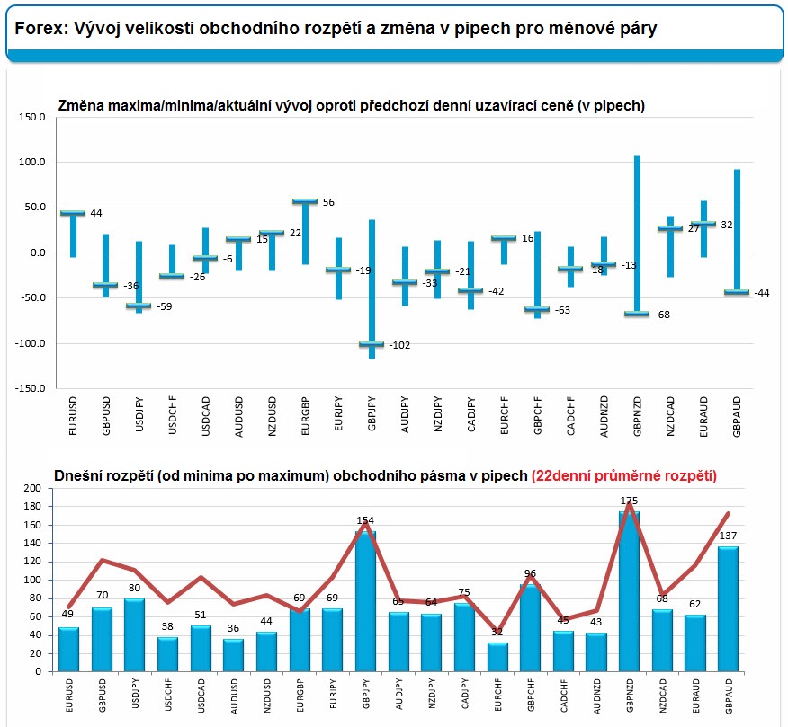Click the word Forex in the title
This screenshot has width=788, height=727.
tap(38, 29)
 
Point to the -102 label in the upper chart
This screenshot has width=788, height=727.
tap(400, 345)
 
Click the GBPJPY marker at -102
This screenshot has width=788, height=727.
tap(372, 344)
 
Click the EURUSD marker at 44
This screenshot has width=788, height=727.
tap(72, 213)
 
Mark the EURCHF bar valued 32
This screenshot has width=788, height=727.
tap(498, 656)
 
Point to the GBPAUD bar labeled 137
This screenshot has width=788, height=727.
tap(729, 608)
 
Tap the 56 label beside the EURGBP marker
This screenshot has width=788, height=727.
tap(328, 202)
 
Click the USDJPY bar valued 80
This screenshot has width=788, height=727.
tap(135, 634)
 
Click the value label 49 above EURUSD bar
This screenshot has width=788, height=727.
tap(67, 615)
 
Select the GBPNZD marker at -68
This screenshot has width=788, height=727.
tap(637, 314)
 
